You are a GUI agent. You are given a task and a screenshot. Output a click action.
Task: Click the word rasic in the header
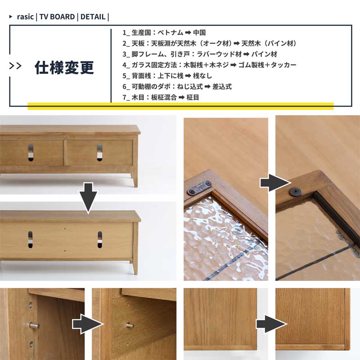25,17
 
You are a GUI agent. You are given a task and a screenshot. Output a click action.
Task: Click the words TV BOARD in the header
57,17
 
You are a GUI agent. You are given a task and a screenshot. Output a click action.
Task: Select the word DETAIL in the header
93,17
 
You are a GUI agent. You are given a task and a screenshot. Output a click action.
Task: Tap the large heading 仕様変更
64,67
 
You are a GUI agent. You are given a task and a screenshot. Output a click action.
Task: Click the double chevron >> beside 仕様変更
15,66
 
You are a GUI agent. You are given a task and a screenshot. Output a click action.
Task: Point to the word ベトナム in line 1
170,32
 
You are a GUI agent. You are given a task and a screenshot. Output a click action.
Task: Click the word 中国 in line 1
199,32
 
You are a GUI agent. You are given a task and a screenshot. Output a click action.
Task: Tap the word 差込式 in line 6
222,86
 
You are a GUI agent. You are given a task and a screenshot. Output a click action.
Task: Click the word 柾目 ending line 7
193,97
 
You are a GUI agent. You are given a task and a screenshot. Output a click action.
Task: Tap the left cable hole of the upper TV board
31,153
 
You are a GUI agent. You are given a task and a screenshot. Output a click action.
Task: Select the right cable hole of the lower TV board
99,239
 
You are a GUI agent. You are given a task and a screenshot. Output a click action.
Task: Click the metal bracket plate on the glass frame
199,188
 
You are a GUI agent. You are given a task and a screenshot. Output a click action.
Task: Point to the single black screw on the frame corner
295,192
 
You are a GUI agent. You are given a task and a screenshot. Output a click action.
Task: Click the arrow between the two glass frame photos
275,183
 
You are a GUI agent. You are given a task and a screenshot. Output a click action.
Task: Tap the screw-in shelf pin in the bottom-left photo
34,326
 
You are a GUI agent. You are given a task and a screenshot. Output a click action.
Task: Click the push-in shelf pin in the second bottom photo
130,325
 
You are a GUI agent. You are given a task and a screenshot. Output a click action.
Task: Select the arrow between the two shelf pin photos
88,324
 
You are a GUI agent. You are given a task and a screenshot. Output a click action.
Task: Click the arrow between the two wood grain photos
272,324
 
